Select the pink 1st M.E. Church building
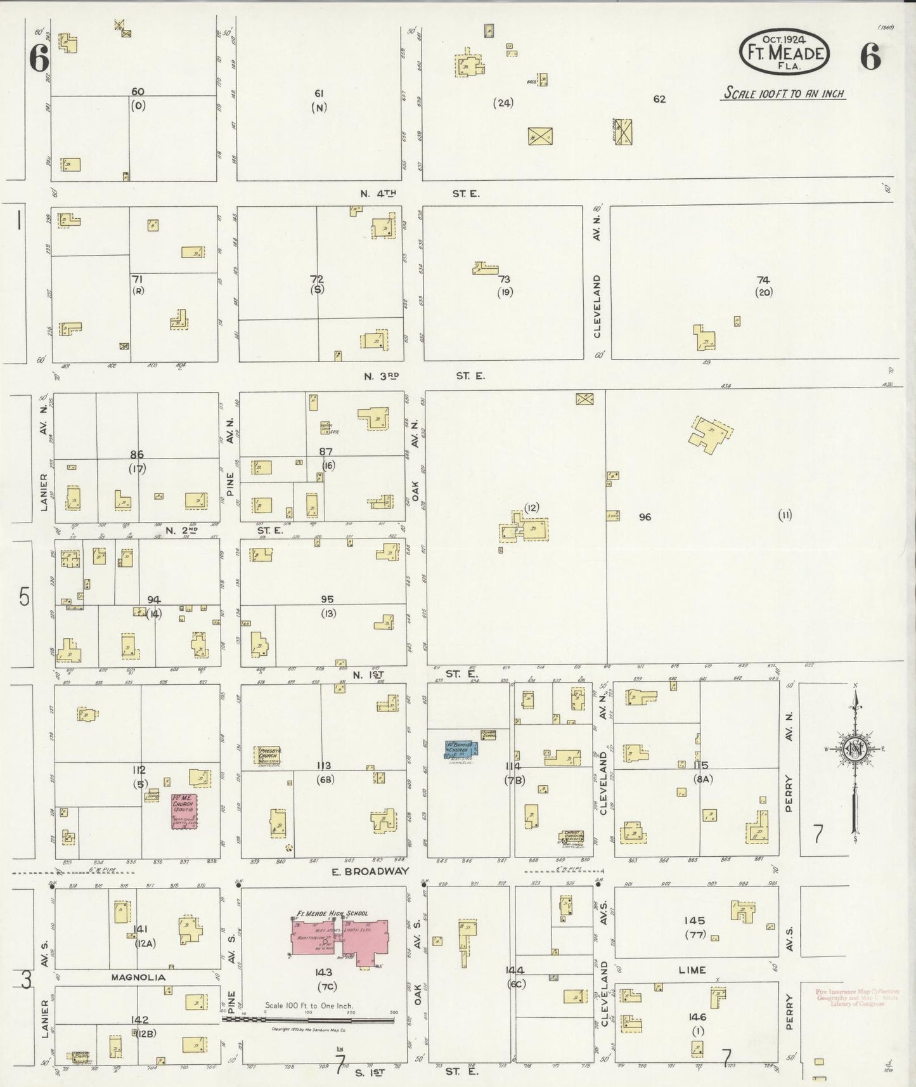point(184,811)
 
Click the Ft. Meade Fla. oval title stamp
point(784,53)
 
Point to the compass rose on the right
point(855,749)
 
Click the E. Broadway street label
point(371,871)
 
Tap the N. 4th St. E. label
point(418,193)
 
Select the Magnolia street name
point(138,977)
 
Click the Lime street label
point(692,970)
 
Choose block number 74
point(763,280)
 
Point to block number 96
point(645,517)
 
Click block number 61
point(319,94)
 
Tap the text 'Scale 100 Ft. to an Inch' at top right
point(784,94)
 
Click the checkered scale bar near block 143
point(308,1020)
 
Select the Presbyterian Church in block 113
point(268,755)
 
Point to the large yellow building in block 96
point(711,434)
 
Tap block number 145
point(694,920)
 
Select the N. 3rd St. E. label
point(423,376)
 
